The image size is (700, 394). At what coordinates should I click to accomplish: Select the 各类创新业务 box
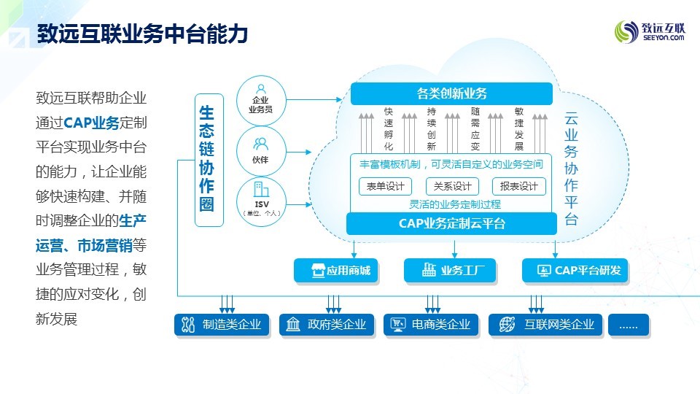(x=451, y=93)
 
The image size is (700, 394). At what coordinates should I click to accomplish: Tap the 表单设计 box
(x=385, y=186)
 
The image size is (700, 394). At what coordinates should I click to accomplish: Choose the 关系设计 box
(x=451, y=186)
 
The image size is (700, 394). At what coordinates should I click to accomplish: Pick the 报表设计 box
(x=518, y=186)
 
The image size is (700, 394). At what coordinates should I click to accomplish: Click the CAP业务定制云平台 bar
(x=451, y=223)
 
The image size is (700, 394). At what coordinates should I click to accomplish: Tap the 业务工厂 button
(x=449, y=271)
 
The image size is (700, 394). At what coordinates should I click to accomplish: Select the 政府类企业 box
(x=327, y=325)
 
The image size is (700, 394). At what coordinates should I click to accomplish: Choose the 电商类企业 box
(x=431, y=325)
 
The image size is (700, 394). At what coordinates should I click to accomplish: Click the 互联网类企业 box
(x=545, y=325)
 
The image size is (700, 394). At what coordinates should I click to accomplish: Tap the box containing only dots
(x=628, y=325)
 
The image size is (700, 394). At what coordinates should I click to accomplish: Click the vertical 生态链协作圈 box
(x=209, y=159)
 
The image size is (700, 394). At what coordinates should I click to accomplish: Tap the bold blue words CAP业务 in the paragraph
(x=91, y=122)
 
